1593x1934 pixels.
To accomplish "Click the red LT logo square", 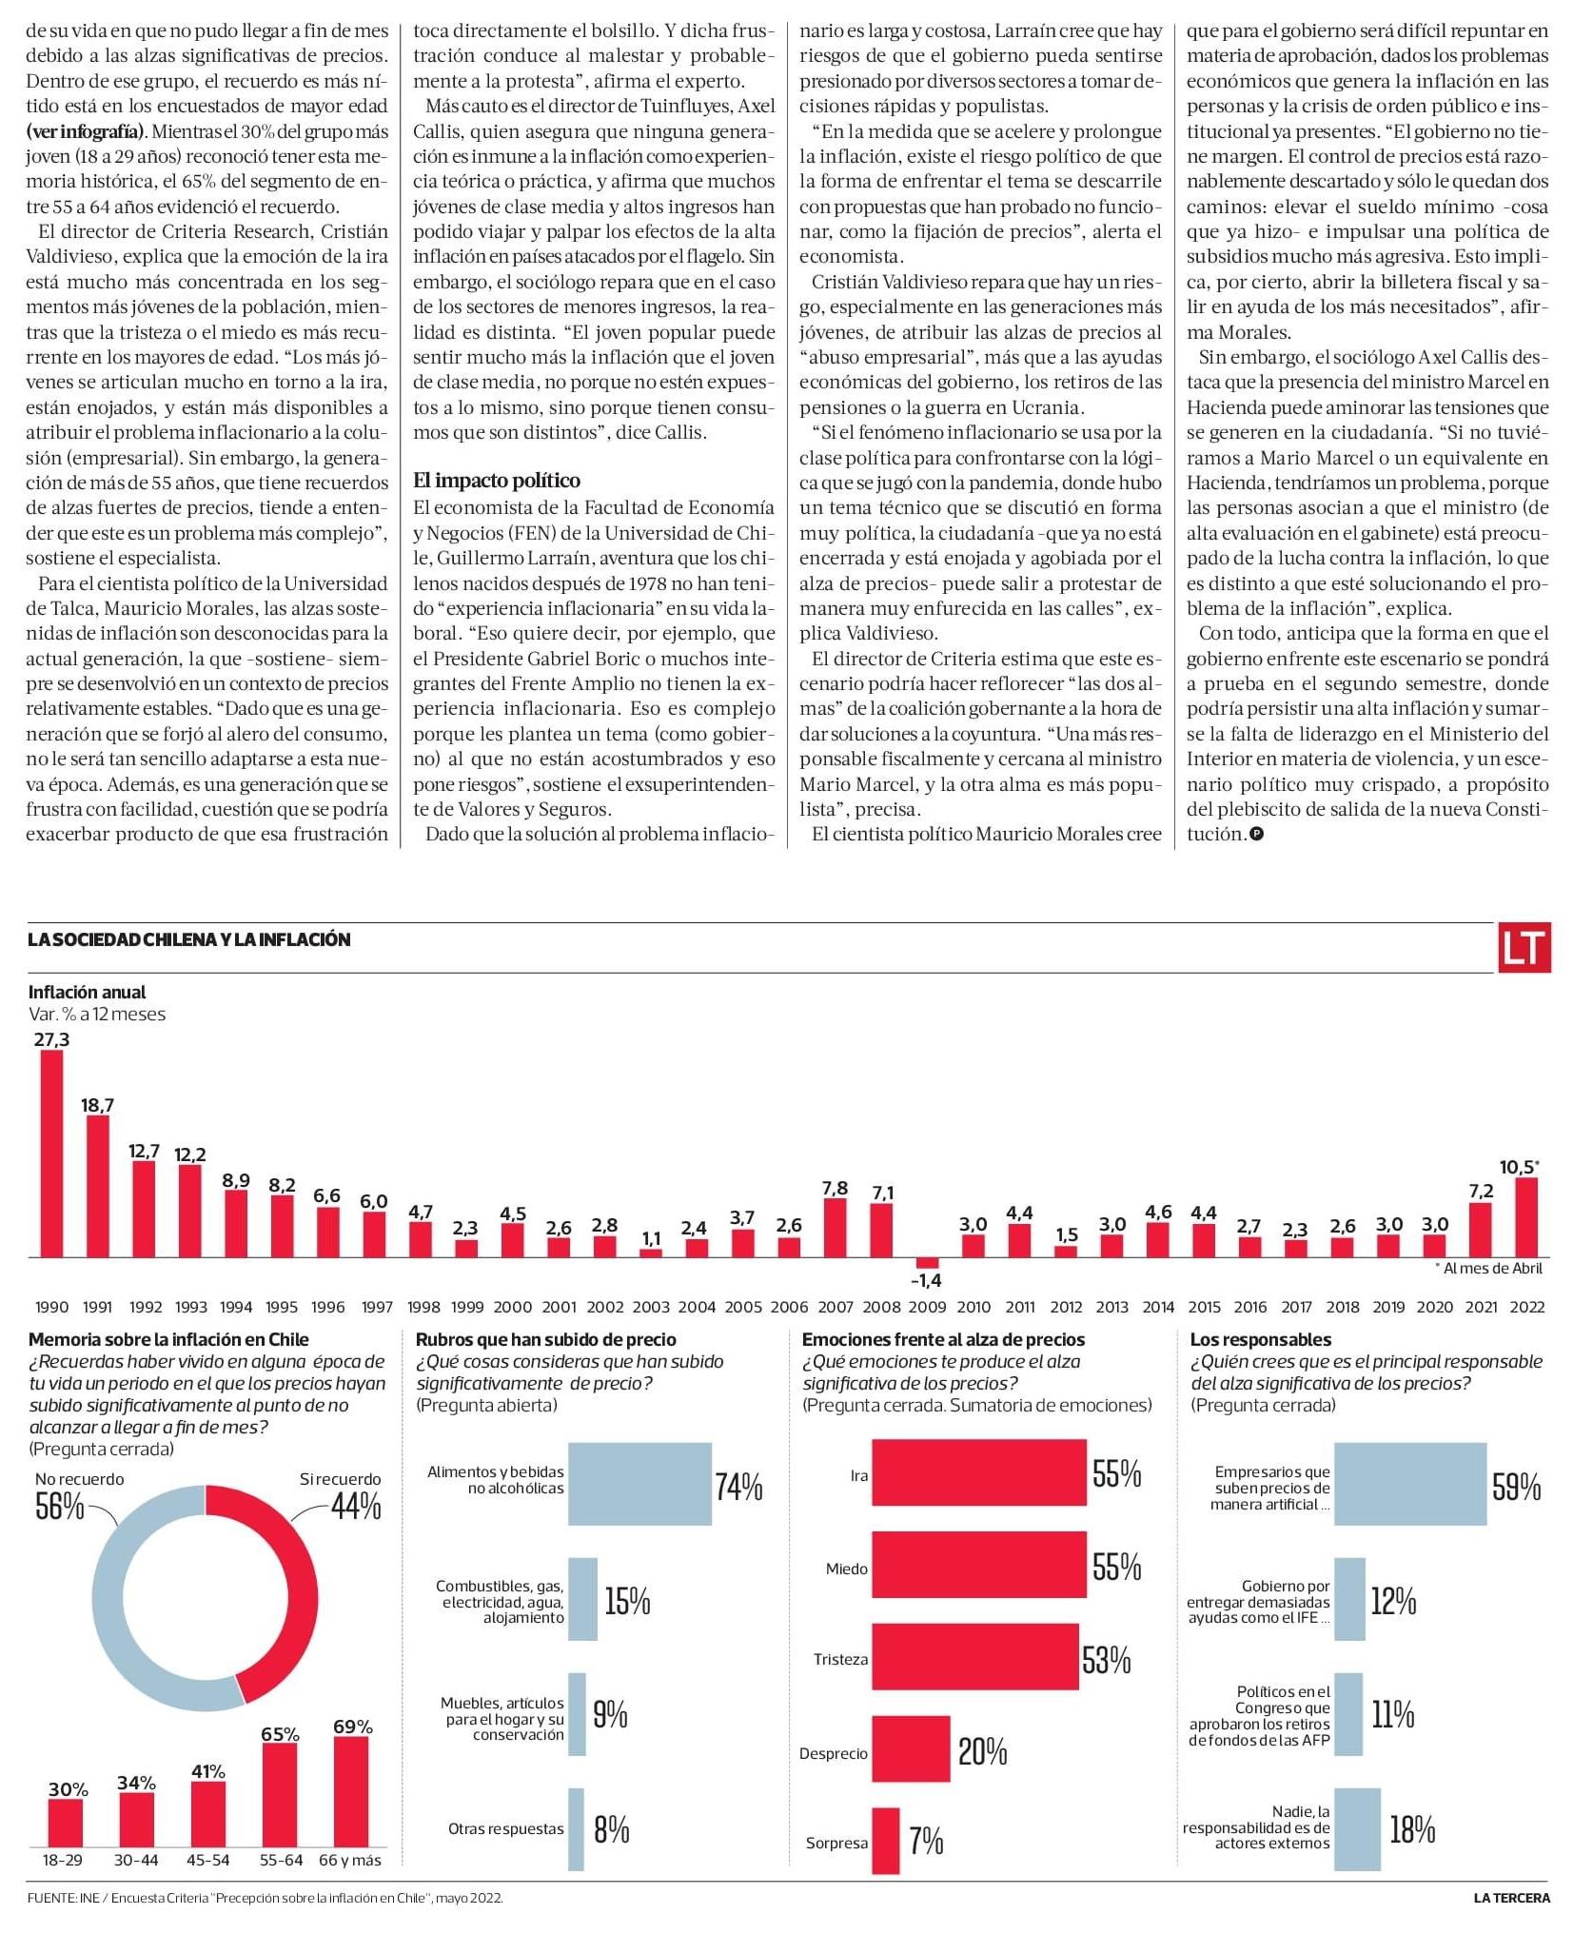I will pos(1524,947).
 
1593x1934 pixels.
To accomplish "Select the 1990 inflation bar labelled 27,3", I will pos(51,1154).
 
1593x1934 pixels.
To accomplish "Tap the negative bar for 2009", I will pos(926,1263).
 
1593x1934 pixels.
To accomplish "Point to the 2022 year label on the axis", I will pos(1526,1307).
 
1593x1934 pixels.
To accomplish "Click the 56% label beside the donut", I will pos(59,1507).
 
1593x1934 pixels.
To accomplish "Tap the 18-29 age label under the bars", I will pos(63,1860).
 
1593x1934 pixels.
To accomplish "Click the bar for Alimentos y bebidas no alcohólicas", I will pos(639,1484).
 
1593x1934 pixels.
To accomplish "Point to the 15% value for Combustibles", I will pos(627,1602).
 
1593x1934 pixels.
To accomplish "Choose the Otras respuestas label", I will pos(505,1828).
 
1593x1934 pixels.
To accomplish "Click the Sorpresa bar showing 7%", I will pos(885,1841).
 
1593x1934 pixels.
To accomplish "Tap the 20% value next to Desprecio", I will pos(982,1751).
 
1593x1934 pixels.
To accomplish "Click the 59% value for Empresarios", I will pos(1516,1487).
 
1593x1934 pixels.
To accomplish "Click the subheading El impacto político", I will pos(497,481).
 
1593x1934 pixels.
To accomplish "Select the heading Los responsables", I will pos(1260,1339).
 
